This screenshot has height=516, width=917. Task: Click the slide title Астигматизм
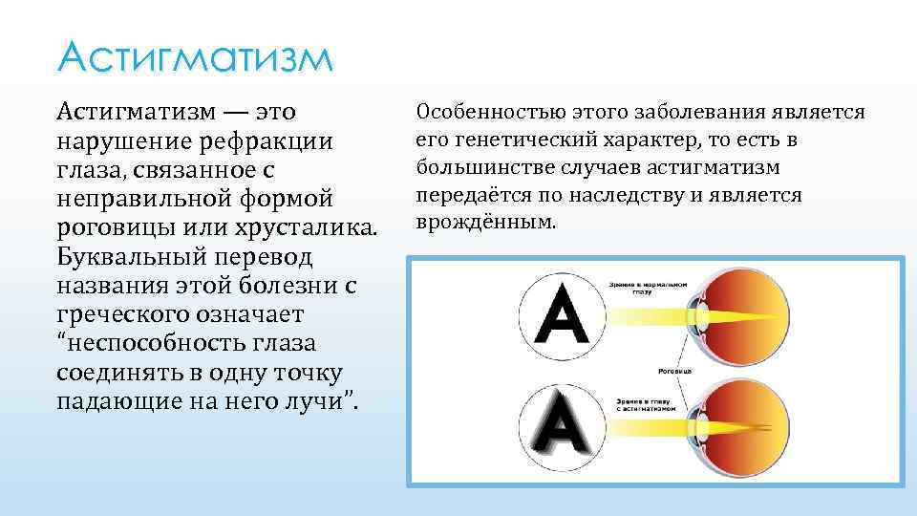click(196, 59)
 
